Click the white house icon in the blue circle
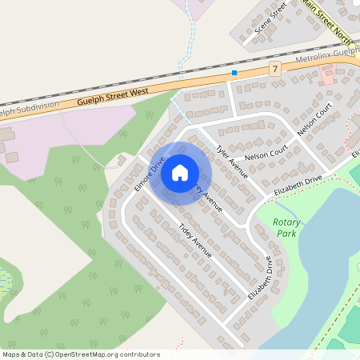point(180,172)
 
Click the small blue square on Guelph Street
point(234,73)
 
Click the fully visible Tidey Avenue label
point(195,239)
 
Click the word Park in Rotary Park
point(286,233)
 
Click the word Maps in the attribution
point(12,354)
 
